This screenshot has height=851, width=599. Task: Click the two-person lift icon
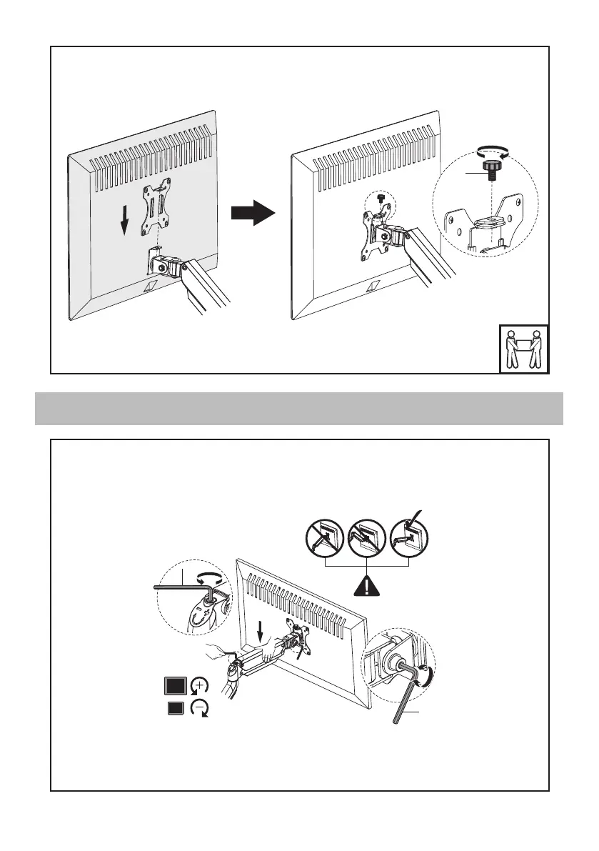click(x=523, y=349)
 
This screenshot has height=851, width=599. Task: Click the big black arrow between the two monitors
click(x=253, y=211)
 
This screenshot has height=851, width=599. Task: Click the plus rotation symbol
click(x=200, y=686)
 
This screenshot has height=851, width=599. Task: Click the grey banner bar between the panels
click(x=299, y=408)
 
